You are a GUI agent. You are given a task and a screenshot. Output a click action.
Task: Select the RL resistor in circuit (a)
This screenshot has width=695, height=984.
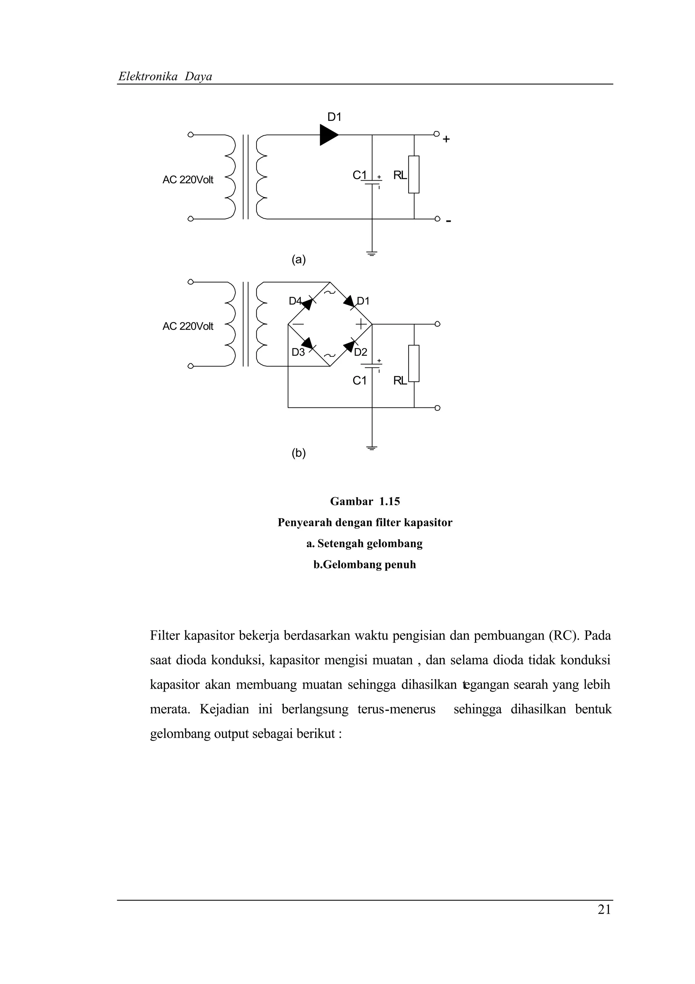414,175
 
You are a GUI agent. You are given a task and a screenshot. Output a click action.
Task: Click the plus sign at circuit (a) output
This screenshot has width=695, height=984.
446,139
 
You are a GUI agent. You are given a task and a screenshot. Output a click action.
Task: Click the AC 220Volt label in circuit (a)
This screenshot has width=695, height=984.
188,180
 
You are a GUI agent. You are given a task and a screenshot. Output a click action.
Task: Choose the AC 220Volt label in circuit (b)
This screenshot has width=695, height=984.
188,327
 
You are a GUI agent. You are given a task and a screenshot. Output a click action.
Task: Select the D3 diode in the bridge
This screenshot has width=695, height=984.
307,343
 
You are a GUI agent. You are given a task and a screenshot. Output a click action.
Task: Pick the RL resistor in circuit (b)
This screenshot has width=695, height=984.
414,363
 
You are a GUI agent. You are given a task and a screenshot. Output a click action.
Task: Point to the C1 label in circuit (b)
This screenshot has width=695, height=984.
359,381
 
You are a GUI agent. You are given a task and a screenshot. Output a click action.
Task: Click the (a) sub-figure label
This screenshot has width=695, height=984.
299,259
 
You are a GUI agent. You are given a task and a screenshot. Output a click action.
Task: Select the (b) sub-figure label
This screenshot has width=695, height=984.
299,453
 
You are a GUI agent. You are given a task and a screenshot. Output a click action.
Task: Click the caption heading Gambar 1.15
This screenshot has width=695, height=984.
365,502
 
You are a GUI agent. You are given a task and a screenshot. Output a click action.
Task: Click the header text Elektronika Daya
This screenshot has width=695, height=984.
165,77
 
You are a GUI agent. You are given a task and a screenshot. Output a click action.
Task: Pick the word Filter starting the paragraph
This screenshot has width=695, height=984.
165,635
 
